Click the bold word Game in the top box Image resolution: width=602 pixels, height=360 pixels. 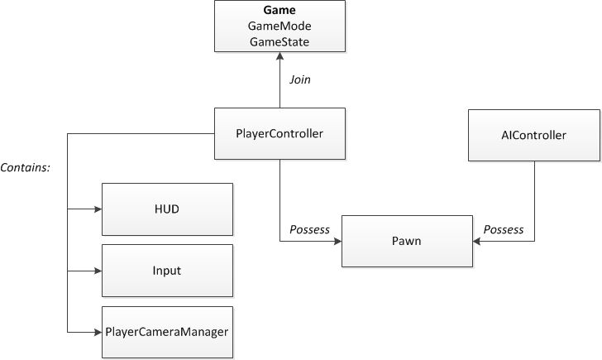(279, 12)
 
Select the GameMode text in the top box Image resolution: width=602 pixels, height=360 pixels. (279, 26)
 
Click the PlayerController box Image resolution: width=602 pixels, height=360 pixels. (279, 133)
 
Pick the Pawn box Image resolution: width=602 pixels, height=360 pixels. (407, 242)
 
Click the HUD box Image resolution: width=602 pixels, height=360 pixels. (168, 209)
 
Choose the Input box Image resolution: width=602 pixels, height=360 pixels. (168, 271)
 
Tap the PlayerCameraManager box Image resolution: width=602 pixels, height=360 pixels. (168, 332)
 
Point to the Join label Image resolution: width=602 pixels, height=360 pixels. (299, 80)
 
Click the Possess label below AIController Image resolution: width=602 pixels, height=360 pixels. (503, 229)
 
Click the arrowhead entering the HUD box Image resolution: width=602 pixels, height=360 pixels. (97, 210)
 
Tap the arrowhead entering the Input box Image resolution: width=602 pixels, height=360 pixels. (97, 271)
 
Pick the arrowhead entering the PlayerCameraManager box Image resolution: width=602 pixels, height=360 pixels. (97, 332)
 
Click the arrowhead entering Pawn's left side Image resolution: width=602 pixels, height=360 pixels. (337, 242)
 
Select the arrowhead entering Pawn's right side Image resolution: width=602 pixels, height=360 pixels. (477, 242)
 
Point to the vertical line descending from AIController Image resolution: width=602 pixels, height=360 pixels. (534, 199)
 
